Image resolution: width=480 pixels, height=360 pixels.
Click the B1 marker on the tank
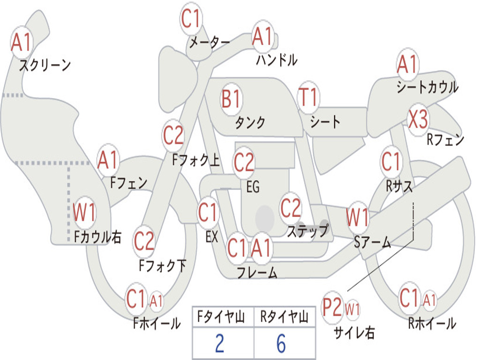click(x=232, y=99)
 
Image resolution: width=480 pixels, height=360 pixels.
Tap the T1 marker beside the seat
click(x=308, y=97)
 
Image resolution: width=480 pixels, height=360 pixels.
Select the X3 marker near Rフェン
click(x=418, y=120)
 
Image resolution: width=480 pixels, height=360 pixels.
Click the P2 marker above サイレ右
click(x=332, y=307)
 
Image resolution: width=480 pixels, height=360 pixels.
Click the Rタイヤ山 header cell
click(x=285, y=317)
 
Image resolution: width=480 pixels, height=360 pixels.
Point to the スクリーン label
click(x=45, y=65)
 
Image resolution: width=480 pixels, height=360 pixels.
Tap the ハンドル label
click(x=277, y=60)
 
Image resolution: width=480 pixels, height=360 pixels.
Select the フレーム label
click(x=257, y=272)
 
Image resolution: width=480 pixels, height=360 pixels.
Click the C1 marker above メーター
click(x=190, y=19)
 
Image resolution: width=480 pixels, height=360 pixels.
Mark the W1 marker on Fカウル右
click(x=84, y=212)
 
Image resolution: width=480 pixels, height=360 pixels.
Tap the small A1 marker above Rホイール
click(x=429, y=300)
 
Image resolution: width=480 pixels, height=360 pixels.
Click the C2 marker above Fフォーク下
click(x=144, y=241)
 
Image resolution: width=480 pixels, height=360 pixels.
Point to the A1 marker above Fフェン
click(x=108, y=160)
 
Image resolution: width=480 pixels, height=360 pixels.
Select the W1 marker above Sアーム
click(x=357, y=217)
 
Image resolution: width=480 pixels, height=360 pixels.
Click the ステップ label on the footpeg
click(x=308, y=231)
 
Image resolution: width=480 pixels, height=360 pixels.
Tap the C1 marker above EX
click(x=208, y=212)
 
